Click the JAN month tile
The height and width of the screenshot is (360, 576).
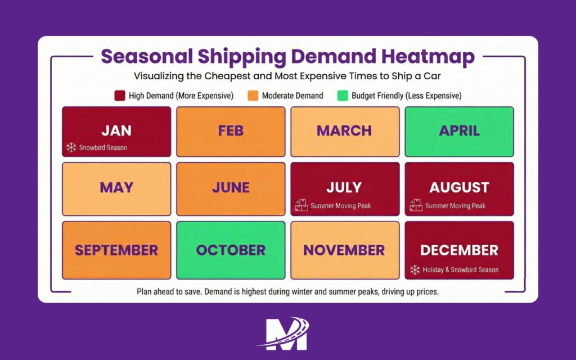click(x=116, y=131)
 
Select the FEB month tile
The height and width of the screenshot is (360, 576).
click(x=231, y=131)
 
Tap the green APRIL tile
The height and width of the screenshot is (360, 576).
click(x=459, y=131)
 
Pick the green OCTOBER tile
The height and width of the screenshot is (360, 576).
click(x=231, y=250)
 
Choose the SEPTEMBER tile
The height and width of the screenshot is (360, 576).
click(x=116, y=250)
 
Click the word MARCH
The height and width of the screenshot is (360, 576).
click(x=344, y=130)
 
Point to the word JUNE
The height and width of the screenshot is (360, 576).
click(x=231, y=187)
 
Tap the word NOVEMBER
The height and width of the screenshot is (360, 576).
click(x=344, y=250)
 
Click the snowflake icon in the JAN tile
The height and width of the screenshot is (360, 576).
click(x=71, y=147)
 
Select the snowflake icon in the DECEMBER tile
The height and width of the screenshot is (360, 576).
click(x=415, y=269)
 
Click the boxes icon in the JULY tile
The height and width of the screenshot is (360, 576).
click(x=301, y=205)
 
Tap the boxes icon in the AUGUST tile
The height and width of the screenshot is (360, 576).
click(x=416, y=205)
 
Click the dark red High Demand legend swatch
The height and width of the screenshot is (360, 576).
click(x=119, y=96)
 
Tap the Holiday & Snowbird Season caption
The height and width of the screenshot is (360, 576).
click(x=461, y=269)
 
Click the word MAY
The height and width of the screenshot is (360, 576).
click(x=116, y=187)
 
